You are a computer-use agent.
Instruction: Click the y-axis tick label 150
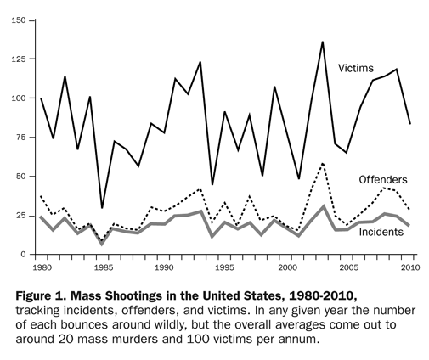point(16,20)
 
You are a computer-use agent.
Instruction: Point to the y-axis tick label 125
point(16,59)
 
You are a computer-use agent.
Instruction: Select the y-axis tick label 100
point(16,98)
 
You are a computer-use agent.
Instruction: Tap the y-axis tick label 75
point(19,138)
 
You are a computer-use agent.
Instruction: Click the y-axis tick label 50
point(19,177)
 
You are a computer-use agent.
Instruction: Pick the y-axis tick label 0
point(22,254)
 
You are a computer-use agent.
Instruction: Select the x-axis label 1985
point(102,269)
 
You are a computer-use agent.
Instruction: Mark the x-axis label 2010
point(409,269)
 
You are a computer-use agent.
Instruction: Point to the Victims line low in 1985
point(102,207)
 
